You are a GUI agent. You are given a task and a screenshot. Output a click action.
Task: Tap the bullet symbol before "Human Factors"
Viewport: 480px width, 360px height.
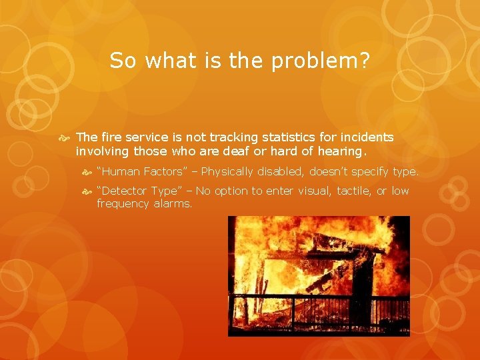[87, 172]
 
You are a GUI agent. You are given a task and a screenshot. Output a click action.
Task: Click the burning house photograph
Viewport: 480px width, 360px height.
[319, 276]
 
